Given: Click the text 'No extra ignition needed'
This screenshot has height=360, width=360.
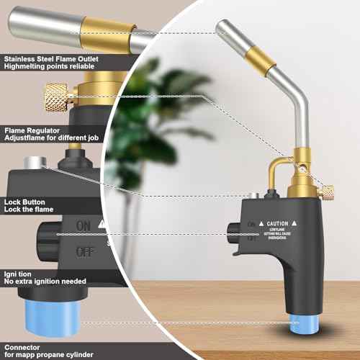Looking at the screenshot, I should [x=45, y=282].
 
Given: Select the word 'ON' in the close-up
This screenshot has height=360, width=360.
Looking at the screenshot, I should [x=84, y=225].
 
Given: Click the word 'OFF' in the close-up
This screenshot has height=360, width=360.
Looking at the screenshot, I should [x=84, y=252].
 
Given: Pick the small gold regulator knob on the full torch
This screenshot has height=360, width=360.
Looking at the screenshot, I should [x=328, y=192].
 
